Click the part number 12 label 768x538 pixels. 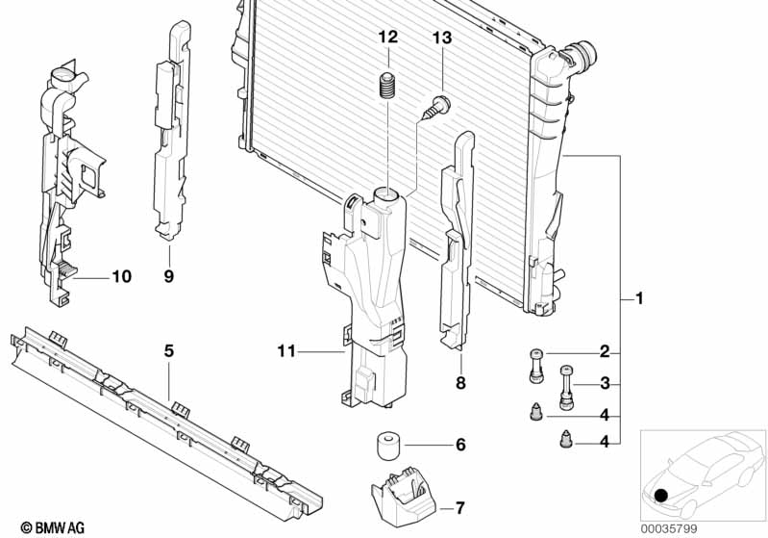click(387, 38)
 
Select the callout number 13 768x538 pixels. click(441, 38)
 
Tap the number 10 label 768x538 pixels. click(120, 276)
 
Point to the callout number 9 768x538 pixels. click(169, 277)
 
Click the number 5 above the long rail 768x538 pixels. click(168, 351)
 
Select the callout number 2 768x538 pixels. click(605, 351)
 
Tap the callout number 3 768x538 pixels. click(605, 384)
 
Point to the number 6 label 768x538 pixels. click(459, 445)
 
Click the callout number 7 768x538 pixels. click(459, 506)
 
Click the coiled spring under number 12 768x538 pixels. click(387, 86)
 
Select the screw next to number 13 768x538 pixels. click(436, 107)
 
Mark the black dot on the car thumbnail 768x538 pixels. click(661, 496)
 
